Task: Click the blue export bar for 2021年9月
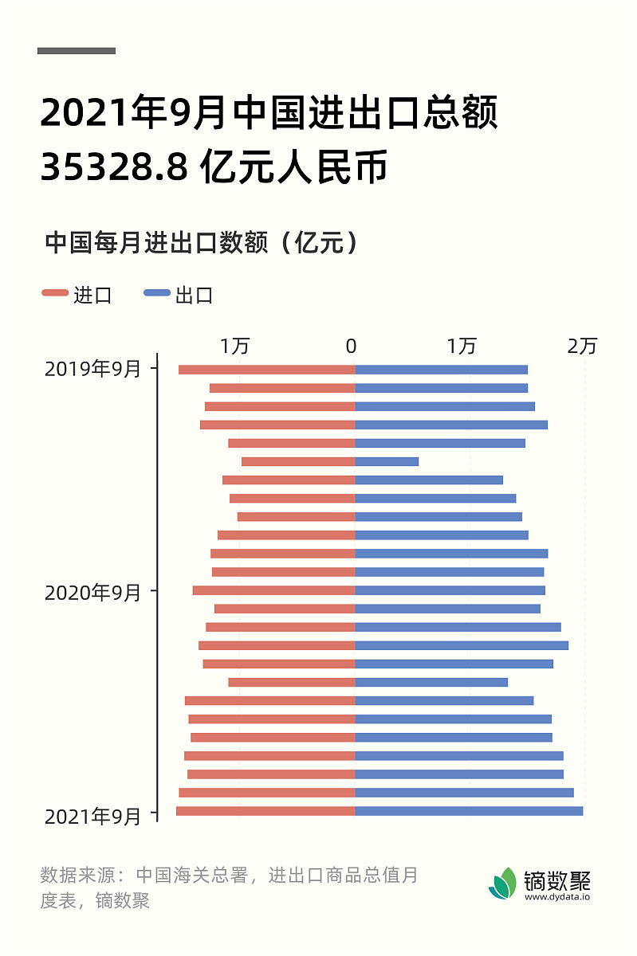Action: [469, 811]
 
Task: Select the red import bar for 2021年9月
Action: [265, 811]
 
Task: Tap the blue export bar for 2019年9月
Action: [441, 369]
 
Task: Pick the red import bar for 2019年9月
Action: [266, 369]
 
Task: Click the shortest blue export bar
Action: [387, 461]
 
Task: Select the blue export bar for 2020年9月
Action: [450, 590]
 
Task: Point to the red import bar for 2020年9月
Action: [273, 590]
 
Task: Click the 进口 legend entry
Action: [77, 295]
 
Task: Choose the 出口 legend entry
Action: [179, 295]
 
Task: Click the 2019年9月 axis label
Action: [92, 369]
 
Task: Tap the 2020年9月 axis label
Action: [92, 593]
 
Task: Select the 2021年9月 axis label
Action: [92, 817]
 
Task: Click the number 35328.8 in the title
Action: [114, 167]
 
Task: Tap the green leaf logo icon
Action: [502, 883]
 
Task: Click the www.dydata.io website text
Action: [557, 896]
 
